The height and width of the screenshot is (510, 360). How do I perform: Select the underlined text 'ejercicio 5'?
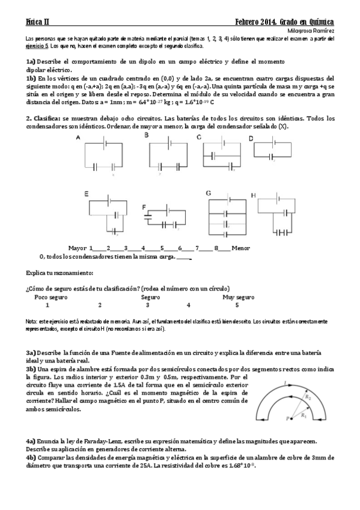coord(37,45)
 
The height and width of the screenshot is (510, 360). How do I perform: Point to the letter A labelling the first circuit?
coord(78,138)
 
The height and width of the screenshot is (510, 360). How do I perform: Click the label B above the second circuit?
coord(146,136)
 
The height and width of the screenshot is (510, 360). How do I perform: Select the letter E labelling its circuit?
coord(87,194)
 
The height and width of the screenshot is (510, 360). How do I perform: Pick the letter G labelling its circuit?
coord(209,192)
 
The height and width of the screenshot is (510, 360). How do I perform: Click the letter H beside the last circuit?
coord(253,195)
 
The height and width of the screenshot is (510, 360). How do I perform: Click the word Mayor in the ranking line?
coord(78,248)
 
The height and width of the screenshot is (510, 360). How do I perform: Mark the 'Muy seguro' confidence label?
coord(239,297)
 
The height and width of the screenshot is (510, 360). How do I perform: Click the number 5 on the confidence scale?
coord(237,305)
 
